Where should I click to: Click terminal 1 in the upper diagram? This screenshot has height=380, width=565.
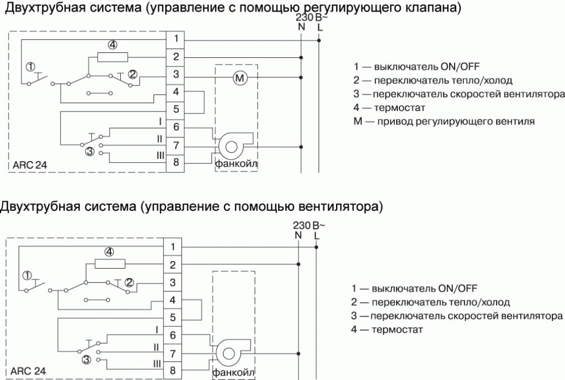(175, 39)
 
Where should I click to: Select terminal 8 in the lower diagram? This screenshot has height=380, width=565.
(173, 370)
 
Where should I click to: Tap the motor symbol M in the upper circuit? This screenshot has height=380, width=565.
(239, 78)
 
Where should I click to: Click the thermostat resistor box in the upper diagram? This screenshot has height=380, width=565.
(113, 57)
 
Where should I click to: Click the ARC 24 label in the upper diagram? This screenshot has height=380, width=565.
(30, 165)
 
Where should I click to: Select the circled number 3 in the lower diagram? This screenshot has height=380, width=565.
(87, 359)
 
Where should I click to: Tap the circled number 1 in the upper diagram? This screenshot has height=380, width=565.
(31, 67)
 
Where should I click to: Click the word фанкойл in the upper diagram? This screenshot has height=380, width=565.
(236, 164)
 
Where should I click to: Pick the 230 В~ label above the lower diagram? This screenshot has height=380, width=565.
(309, 226)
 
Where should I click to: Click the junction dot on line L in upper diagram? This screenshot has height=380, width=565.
(319, 40)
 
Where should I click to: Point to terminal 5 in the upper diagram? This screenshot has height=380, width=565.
(175, 109)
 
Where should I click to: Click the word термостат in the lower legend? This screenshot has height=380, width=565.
(397, 330)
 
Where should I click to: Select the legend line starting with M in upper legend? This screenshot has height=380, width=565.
(444, 121)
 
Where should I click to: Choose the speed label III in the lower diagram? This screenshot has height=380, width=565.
(157, 364)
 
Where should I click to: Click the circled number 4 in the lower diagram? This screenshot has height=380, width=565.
(109, 252)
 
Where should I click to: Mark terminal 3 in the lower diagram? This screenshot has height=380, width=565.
(173, 282)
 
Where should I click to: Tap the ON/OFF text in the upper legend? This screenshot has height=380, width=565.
(457, 67)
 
